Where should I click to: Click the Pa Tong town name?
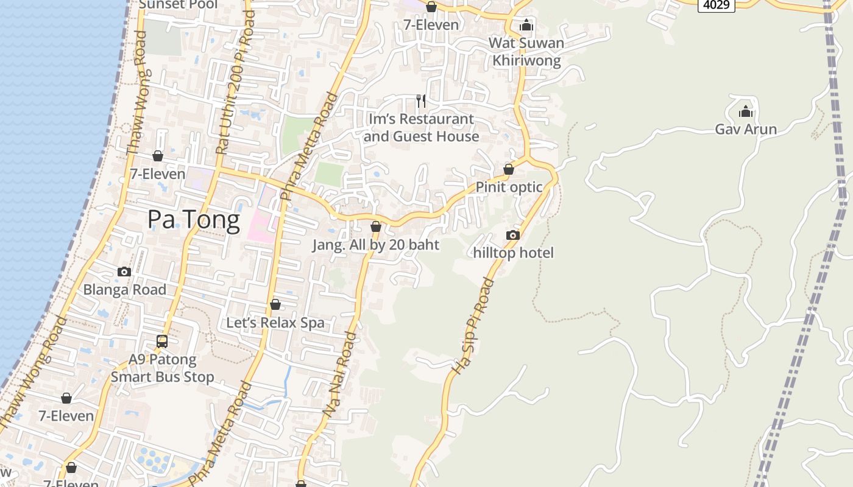pyautogui.click(x=194, y=220)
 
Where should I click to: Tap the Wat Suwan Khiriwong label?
pyautogui.click(x=526, y=52)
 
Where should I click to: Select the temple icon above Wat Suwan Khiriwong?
pyautogui.click(x=526, y=26)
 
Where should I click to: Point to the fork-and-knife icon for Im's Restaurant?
pyautogui.click(x=421, y=101)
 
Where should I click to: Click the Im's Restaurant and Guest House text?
pyautogui.click(x=421, y=128)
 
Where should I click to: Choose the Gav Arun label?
pyautogui.click(x=746, y=129)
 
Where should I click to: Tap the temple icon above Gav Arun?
pyautogui.click(x=745, y=112)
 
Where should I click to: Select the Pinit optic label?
pyautogui.click(x=509, y=187)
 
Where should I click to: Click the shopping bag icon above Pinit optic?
pyautogui.click(x=509, y=169)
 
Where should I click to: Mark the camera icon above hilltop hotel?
pyautogui.click(x=513, y=236)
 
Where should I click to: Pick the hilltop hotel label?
pyautogui.click(x=514, y=253)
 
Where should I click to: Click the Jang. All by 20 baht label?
pyautogui.click(x=376, y=245)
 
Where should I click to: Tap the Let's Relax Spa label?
pyautogui.click(x=275, y=323)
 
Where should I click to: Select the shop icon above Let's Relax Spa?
pyautogui.click(x=275, y=304)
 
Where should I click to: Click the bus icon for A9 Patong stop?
pyautogui.click(x=162, y=342)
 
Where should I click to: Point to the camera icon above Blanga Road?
pyautogui.click(x=124, y=272)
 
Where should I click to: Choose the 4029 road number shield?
pyautogui.click(x=716, y=5)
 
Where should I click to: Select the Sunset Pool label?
pyautogui.click(x=178, y=4)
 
